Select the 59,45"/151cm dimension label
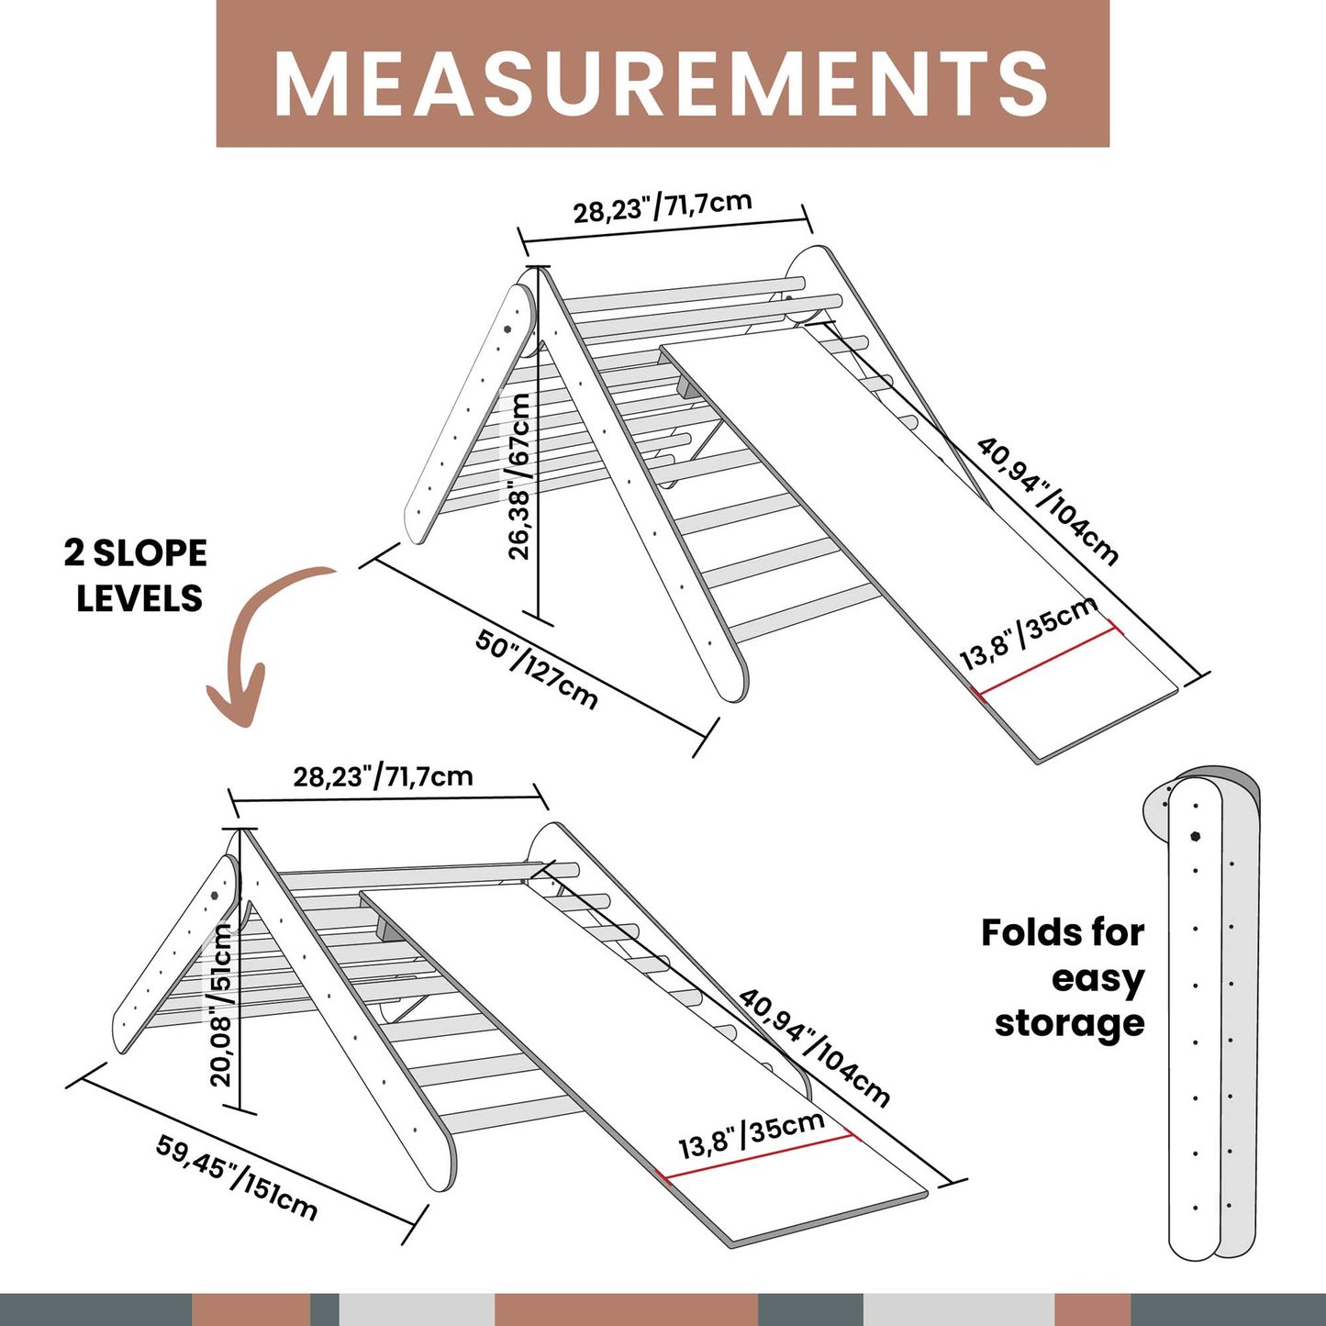[237, 1177]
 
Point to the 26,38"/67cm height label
[519, 476]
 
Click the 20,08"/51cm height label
[221, 1005]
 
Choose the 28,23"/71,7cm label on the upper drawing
[663, 206]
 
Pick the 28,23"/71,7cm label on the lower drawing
[383, 777]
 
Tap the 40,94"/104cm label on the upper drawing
[1047, 500]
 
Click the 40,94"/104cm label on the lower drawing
[814, 1047]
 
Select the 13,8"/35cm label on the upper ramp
[1028, 633]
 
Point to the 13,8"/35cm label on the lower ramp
[751, 1135]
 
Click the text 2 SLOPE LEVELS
[136, 575]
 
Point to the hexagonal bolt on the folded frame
[1196, 836]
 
